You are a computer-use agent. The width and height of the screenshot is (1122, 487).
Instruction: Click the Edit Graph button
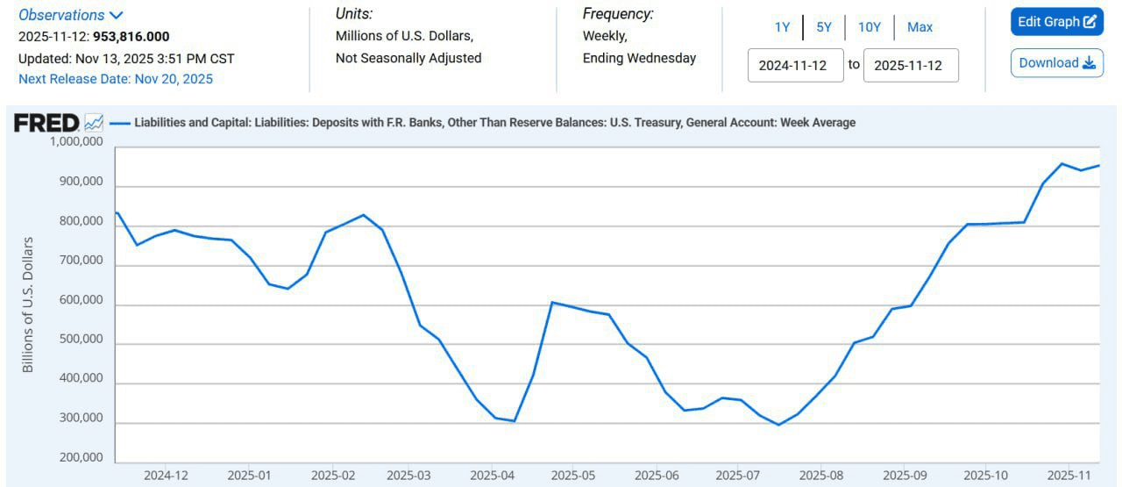(x=1056, y=22)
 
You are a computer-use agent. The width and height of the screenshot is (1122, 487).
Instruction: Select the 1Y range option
(x=782, y=27)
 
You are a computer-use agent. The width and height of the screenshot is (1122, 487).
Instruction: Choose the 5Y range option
(x=824, y=27)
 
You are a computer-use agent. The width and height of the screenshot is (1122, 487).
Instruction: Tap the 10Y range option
(x=870, y=27)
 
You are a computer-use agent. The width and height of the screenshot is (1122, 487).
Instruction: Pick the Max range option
(x=920, y=27)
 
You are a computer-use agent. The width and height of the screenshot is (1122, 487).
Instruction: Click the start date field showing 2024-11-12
(x=795, y=65)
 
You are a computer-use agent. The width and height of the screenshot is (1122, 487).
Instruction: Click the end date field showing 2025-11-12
(x=911, y=65)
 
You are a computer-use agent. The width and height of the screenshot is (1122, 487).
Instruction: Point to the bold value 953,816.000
(x=131, y=37)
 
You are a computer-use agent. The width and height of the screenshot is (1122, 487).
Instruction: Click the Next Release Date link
(x=116, y=79)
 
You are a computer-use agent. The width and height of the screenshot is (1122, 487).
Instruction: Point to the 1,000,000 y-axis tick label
(x=75, y=142)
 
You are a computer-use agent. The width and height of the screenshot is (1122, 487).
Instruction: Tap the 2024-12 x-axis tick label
(x=166, y=476)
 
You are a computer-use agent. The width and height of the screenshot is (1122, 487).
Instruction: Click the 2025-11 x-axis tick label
(x=1069, y=476)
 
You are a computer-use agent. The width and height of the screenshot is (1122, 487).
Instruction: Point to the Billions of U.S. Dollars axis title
(x=28, y=304)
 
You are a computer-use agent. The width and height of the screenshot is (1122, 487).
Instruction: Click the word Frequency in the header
(x=618, y=14)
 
